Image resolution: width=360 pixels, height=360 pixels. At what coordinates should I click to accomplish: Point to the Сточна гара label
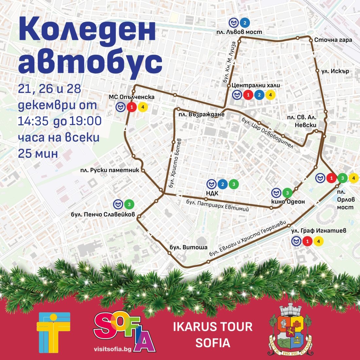tap(333, 40)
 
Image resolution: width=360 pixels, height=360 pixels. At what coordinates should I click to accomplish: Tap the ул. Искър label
tap(335, 71)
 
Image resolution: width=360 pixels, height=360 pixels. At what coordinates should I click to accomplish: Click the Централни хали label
tap(256, 85)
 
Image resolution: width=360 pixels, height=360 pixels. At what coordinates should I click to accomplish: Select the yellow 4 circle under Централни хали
tap(270, 95)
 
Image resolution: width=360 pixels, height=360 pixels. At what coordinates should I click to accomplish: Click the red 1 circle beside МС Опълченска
tap(132, 107)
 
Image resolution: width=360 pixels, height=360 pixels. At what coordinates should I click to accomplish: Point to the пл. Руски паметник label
tap(110, 170)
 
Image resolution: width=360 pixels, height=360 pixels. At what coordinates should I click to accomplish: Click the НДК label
tap(212, 193)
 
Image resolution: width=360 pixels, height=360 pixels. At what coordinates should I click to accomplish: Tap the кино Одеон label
tap(288, 202)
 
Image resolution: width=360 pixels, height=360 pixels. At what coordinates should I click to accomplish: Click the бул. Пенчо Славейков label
tap(103, 215)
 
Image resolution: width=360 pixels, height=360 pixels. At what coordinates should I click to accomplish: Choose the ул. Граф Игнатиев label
tap(318, 231)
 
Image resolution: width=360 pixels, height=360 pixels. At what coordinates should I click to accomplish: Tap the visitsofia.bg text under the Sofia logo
tap(113, 349)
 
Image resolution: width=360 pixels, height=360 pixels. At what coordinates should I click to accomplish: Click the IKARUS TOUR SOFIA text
tap(213, 334)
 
